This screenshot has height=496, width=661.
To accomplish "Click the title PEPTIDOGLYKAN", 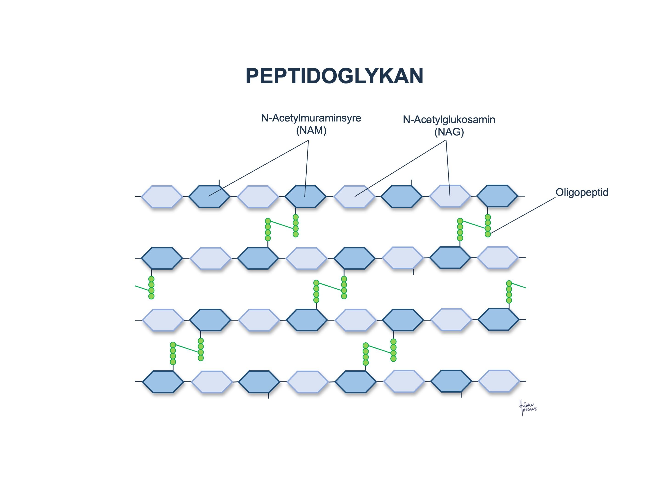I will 334,76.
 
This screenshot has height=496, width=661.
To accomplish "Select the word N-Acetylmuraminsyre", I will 311,118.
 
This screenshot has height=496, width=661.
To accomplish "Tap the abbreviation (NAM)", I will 311,131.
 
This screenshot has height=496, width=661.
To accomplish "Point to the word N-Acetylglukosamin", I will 449,120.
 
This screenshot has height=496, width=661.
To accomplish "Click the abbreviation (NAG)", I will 449,132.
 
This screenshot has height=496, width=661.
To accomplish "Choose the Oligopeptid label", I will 582,192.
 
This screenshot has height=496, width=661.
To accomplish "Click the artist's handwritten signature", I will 527,408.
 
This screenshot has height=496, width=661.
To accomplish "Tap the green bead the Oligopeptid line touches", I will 488,234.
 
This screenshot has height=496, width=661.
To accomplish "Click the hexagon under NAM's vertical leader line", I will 305,196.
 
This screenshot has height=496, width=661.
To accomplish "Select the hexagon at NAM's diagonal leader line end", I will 209,196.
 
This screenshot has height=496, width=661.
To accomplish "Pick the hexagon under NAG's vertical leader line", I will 450,196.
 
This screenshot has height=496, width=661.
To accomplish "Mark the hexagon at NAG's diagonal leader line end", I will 354,196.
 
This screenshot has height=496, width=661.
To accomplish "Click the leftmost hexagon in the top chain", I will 162,196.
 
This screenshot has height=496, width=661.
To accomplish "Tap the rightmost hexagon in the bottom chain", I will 499,381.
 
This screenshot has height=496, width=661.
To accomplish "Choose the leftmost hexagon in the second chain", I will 162,258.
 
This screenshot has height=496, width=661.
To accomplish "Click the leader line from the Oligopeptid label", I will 523,215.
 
